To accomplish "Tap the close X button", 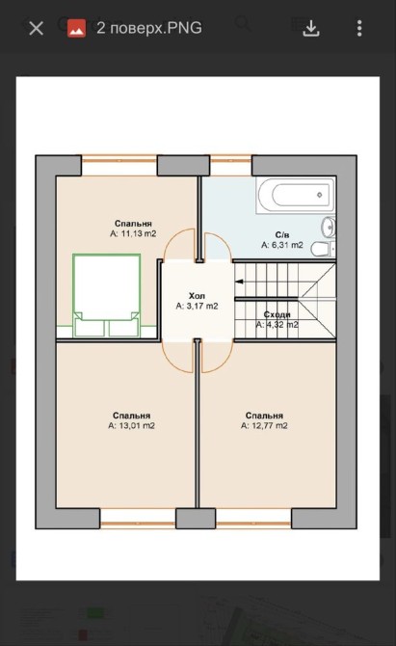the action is coord(37,28).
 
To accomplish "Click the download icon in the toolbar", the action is coord(311,28).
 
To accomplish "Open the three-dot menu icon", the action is coord(359,28).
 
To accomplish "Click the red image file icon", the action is coord(76,28).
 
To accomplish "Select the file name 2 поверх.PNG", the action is coord(149,28).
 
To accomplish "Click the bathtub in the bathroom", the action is coord(296,196).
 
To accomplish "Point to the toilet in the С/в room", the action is coord(323,250).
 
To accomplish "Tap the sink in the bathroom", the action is coord(329,227).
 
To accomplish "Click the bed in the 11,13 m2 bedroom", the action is coord(107,295).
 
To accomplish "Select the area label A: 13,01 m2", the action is coord(131,425).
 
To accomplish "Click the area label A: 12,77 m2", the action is coord(264,425).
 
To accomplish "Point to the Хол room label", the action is coord(197,296).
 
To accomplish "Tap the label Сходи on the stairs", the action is coord(277,314).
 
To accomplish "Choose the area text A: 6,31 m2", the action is coord(282,245).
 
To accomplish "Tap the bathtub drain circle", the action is coord(320,195).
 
